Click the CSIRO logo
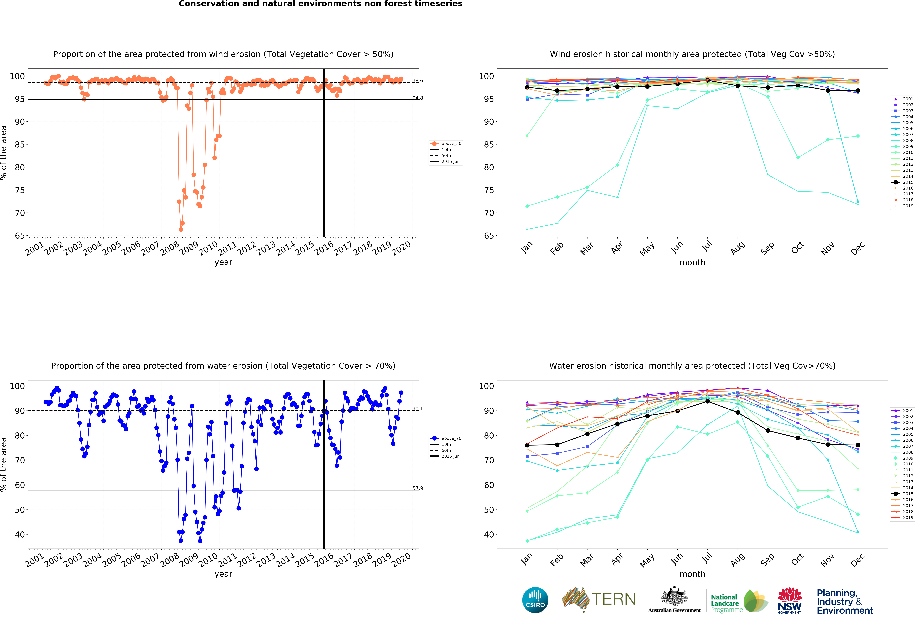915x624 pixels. click(535, 600)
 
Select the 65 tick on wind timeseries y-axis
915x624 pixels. click(20, 236)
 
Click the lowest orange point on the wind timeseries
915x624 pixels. click(181, 229)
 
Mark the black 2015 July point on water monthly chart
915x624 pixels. click(708, 401)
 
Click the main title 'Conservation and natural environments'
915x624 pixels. click(320, 4)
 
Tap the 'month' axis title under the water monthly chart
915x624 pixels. click(692, 574)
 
